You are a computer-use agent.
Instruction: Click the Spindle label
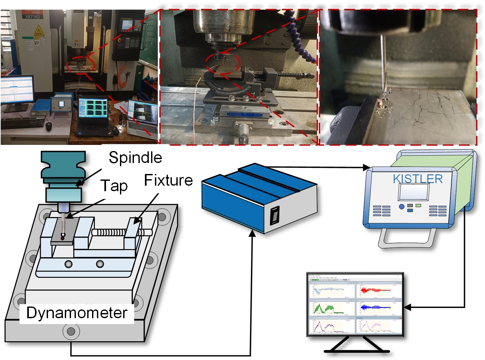135,157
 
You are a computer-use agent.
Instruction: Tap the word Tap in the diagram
114,186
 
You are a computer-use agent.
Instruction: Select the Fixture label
168,180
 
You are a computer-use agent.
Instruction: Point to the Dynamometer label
77,313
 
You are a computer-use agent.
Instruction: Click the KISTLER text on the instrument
418,179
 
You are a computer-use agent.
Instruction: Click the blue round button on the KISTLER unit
402,206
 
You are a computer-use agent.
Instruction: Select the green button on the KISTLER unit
418,205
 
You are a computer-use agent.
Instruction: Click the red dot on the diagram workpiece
63,239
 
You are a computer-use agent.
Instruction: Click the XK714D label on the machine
32,17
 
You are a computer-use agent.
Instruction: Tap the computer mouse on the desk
49,126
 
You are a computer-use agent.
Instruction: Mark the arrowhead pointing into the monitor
406,307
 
